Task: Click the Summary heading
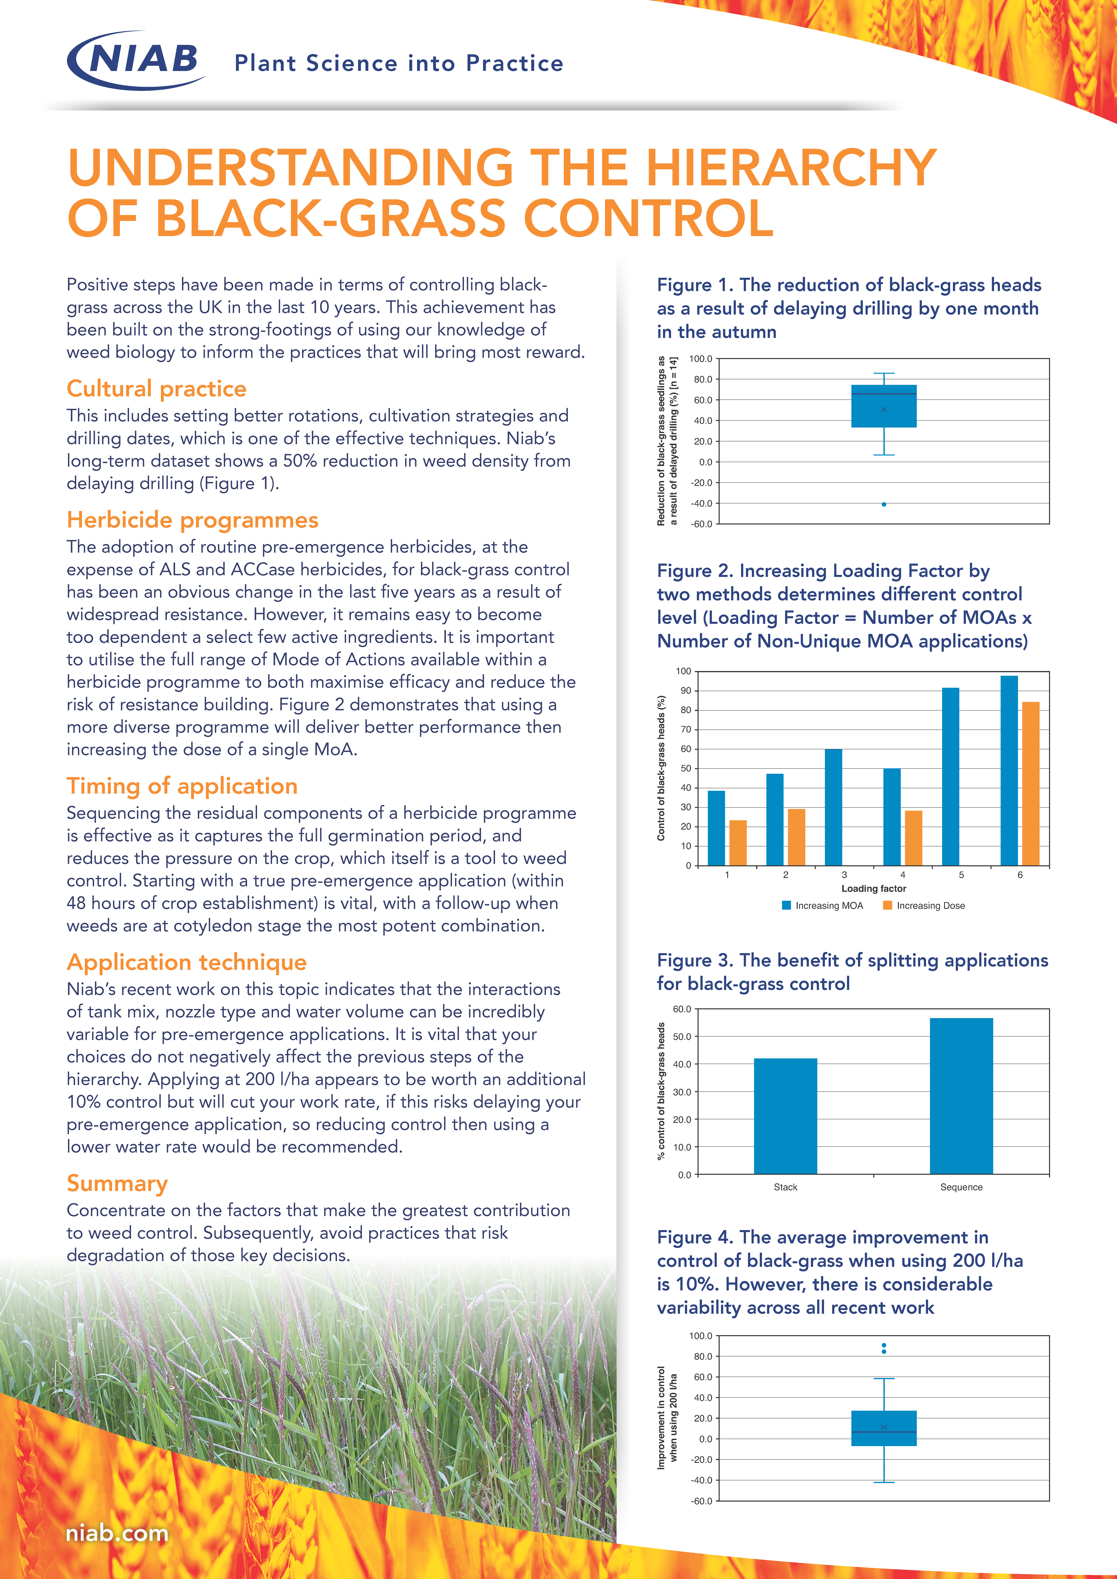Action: tap(117, 1183)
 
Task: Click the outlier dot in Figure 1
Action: tap(884, 504)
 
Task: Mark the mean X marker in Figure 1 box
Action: tap(884, 410)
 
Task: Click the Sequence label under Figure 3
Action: tap(961, 1187)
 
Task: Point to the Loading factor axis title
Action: tap(873, 889)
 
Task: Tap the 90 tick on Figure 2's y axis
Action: tap(686, 690)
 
